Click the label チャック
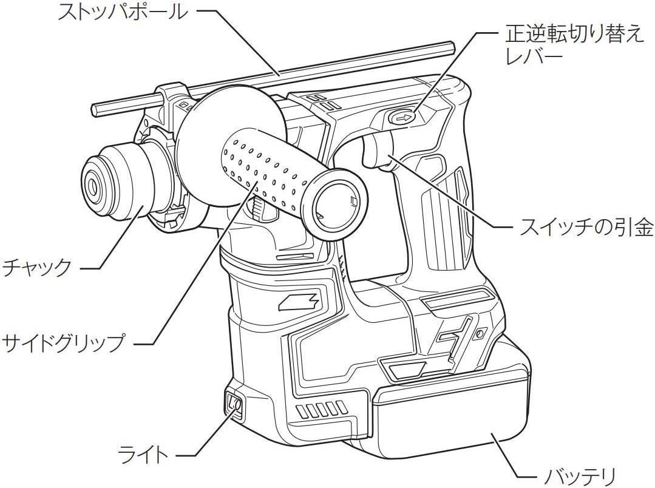pos(37,266)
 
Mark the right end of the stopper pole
pos(450,46)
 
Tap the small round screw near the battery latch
pos(481,334)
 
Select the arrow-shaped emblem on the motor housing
pos(299,299)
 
